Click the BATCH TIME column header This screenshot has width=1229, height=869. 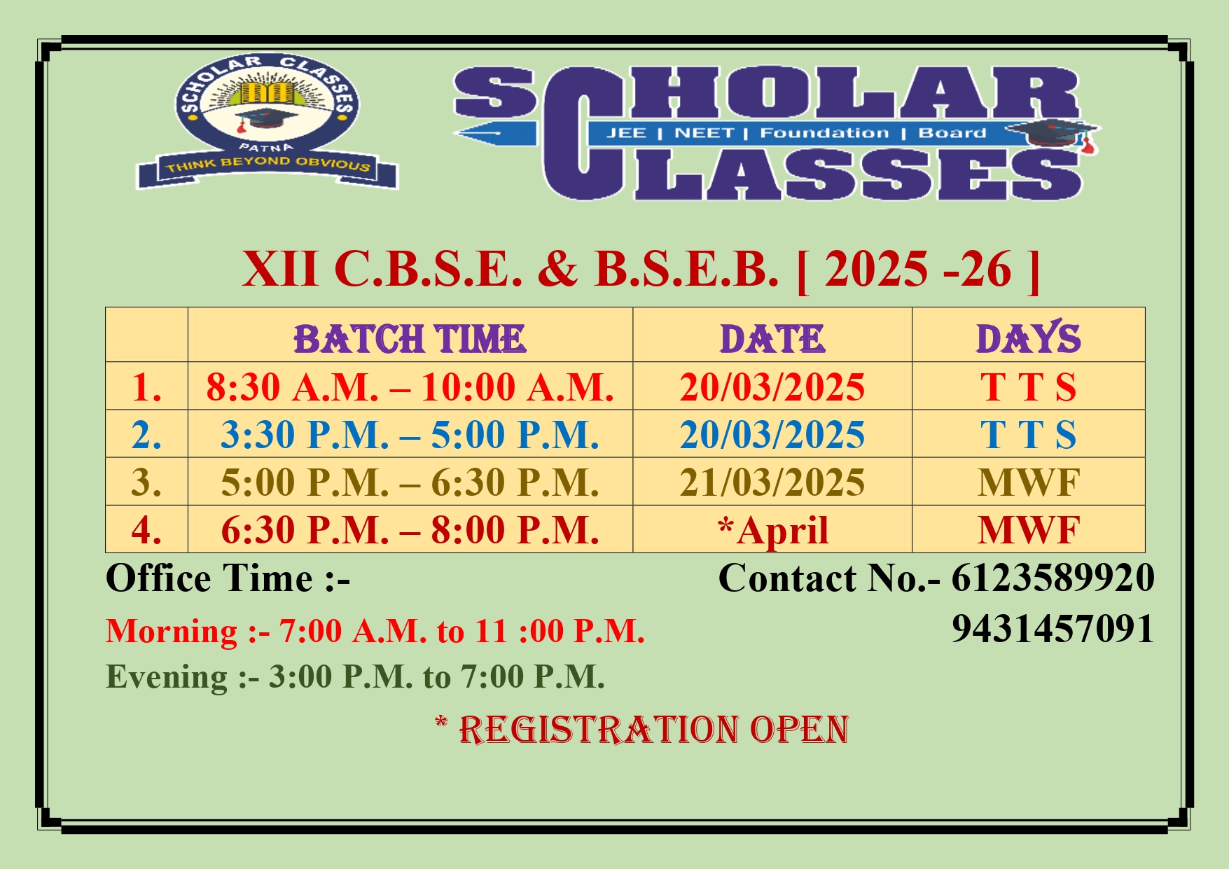410,339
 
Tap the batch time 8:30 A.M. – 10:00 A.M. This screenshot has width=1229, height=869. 410,387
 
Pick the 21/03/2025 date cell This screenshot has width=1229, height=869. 772,482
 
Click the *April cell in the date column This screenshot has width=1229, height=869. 772,530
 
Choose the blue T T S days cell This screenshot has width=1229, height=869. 1028,435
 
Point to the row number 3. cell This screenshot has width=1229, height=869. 146,482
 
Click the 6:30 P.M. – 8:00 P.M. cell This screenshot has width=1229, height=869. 410,530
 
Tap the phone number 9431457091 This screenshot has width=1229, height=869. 1053,628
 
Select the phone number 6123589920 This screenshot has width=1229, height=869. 1053,578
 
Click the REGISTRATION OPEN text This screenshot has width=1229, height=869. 653,730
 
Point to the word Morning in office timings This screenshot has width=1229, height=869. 172,632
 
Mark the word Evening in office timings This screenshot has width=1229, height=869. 167,677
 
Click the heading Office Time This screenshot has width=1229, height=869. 228,578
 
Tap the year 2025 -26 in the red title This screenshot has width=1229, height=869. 918,269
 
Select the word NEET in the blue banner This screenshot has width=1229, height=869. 704,133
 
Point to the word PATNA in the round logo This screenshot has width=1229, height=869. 266,147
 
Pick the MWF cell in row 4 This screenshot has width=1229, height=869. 1028,530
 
